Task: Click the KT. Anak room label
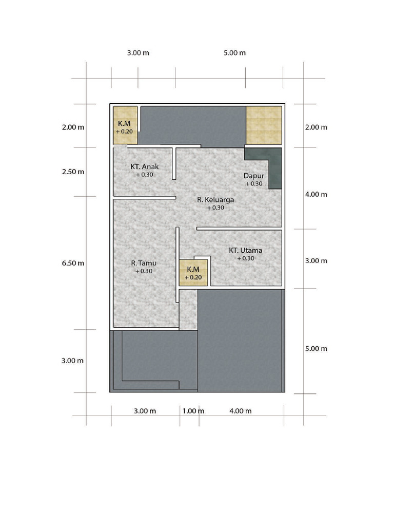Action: (x=144, y=166)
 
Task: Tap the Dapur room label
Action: (x=253, y=176)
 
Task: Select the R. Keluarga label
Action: (x=215, y=200)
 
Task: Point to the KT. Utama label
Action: (x=246, y=250)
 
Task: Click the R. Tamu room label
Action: (x=144, y=263)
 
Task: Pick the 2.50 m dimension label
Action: (x=73, y=172)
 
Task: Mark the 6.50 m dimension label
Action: (x=73, y=263)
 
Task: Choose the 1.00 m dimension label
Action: (x=193, y=411)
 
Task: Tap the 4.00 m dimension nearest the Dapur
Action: (x=316, y=194)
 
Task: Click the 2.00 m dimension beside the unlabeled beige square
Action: (x=316, y=127)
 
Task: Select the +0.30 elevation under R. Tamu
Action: (x=144, y=271)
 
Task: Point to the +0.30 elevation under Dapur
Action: (x=253, y=183)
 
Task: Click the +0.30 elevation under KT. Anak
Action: (x=144, y=175)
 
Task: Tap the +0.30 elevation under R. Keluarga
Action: (x=215, y=208)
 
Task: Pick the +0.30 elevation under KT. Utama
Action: (x=246, y=258)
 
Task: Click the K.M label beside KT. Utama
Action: (x=193, y=269)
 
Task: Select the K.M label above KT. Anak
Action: (x=124, y=123)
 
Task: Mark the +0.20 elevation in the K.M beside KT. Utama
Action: (x=193, y=277)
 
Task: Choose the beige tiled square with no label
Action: (x=264, y=125)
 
